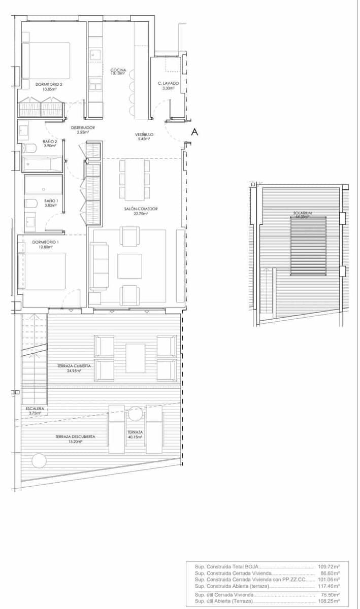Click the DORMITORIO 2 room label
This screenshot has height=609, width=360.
point(49,84)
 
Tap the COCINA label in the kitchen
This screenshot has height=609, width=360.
point(118,71)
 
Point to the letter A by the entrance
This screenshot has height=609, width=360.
point(193,132)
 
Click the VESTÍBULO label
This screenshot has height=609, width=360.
point(144,134)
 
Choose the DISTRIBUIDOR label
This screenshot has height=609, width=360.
point(83,127)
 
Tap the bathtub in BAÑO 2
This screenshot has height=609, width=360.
point(43,164)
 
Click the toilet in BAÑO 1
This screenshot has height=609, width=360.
point(31,204)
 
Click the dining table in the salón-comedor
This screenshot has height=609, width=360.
point(135,179)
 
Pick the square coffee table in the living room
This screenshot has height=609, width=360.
point(129,266)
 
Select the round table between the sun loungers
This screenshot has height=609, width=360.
point(135,414)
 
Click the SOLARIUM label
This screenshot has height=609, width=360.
point(302,213)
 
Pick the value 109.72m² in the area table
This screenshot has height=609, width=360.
point(329,565)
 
